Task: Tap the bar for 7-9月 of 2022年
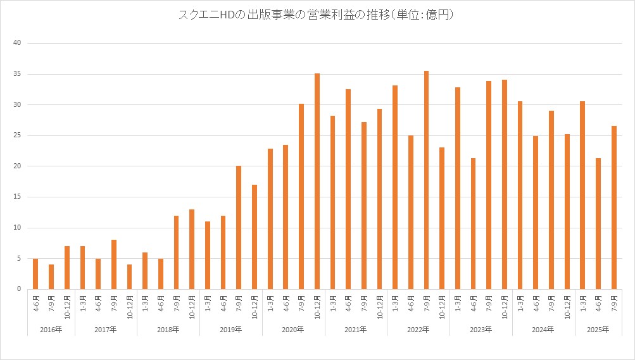point(426,180)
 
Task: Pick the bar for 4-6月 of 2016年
point(35,274)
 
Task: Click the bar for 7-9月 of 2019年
point(239,228)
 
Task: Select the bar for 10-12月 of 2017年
point(129,277)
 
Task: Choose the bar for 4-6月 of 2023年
point(473,224)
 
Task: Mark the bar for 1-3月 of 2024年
point(520,196)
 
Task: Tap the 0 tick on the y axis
point(20,289)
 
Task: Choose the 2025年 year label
point(598,330)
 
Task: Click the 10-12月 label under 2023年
point(504,307)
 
